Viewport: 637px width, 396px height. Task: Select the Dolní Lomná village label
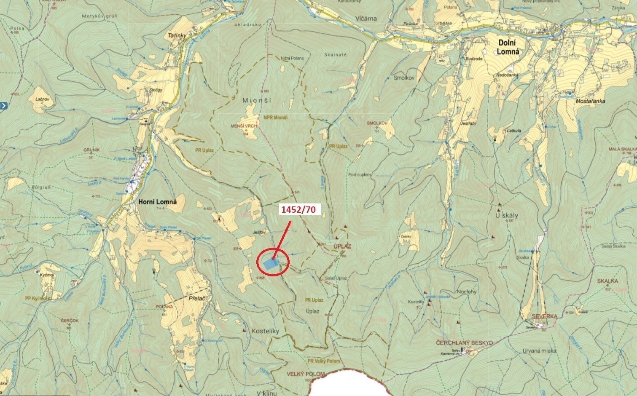[509, 47]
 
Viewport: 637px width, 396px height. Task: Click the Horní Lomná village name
[158, 202]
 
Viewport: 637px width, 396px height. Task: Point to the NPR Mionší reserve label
[276, 118]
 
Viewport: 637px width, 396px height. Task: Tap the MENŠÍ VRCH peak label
[244, 126]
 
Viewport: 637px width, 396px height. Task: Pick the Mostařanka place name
[591, 102]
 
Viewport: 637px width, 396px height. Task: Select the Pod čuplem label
[360, 175]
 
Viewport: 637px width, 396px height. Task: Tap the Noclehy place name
[466, 292]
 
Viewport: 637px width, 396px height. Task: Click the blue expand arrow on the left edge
[3, 106]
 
